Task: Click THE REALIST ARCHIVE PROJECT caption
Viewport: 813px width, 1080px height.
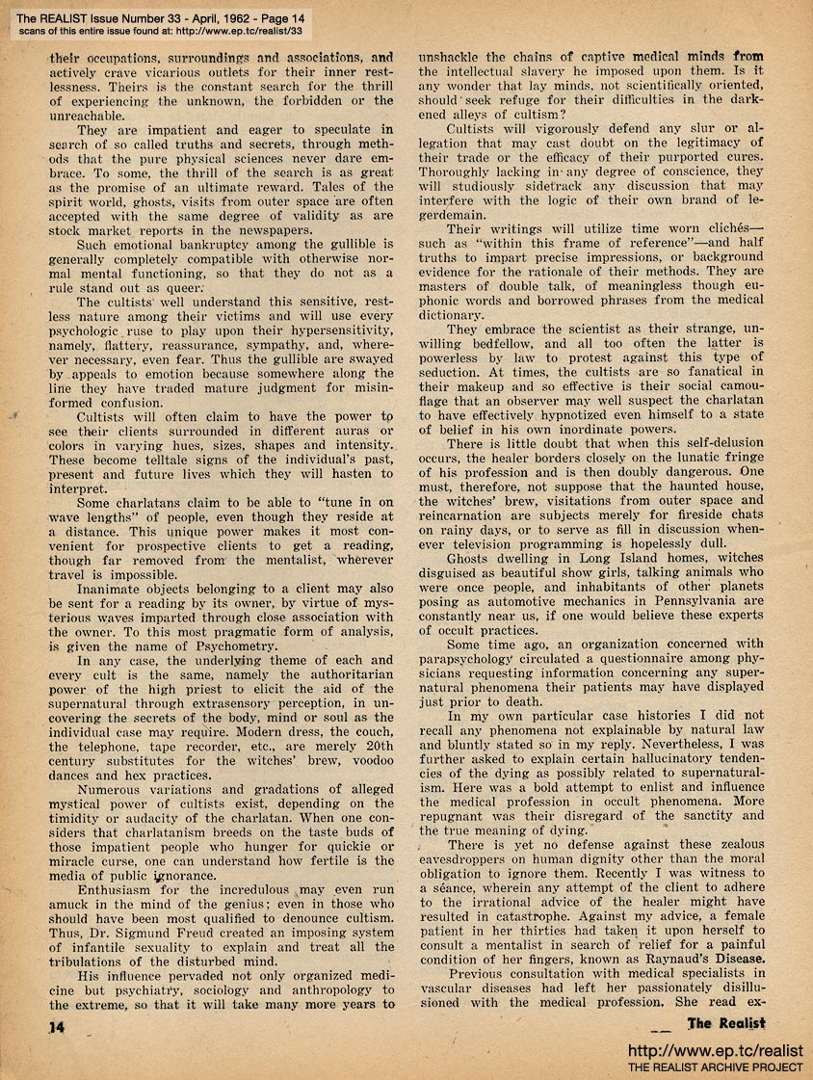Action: [715, 1067]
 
